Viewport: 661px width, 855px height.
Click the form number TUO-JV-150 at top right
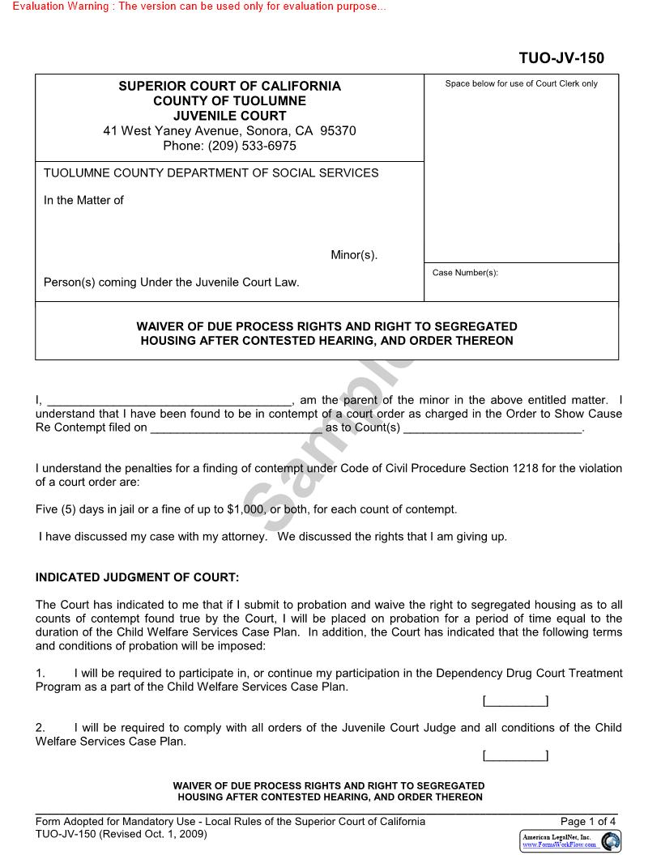(x=561, y=58)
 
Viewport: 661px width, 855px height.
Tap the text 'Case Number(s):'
(x=465, y=273)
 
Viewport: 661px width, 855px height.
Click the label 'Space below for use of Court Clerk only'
(x=521, y=84)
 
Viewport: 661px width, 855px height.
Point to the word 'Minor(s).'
(x=354, y=255)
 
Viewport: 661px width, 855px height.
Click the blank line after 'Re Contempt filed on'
(x=237, y=427)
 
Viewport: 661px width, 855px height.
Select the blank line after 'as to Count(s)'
(x=493, y=427)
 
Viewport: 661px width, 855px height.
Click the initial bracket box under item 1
(x=515, y=701)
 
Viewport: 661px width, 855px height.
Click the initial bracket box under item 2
(x=515, y=756)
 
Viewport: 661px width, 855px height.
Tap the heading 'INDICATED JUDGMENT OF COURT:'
(x=138, y=577)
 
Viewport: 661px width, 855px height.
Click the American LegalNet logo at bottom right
(x=569, y=840)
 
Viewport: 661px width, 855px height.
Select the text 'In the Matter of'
(x=83, y=200)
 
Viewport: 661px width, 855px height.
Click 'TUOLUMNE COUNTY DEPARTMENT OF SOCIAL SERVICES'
(x=211, y=172)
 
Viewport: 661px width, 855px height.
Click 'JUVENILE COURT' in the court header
(x=229, y=116)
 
